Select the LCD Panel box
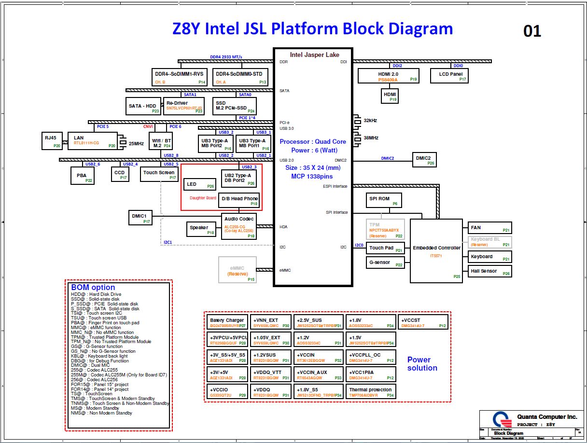449,76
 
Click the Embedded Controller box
436,251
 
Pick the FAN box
489,228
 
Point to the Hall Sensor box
489,271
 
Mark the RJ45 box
51,140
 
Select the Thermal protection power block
371,392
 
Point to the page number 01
532,31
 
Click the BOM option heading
93,288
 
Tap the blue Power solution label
422,364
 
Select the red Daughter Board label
203,198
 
